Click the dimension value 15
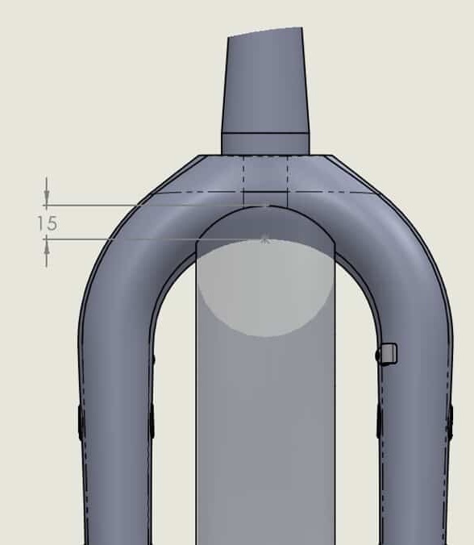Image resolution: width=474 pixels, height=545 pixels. (48, 223)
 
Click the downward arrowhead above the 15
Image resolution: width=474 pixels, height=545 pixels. (47, 198)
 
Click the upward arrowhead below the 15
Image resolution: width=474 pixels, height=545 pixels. (47, 247)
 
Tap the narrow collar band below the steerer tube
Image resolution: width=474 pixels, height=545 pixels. (265, 144)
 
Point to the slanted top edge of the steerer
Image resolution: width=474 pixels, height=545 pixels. (264, 31)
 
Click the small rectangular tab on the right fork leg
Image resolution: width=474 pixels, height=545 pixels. (389, 354)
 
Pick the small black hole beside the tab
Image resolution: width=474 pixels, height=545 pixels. (378, 356)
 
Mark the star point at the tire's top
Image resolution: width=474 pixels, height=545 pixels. (265, 239)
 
